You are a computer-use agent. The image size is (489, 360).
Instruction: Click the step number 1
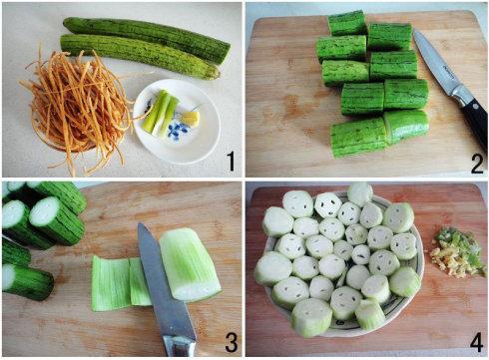click(x=230, y=161)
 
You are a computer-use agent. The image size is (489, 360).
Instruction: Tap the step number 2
click(x=476, y=163)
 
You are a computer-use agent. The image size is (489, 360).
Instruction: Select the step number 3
click(x=232, y=342)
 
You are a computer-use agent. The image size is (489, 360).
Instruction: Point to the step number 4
click(x=476, y=342)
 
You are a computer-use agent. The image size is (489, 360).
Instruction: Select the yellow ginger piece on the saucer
click(x=191, y=118)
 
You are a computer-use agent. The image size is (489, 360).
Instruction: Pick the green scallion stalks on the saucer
click(x=160, y=112)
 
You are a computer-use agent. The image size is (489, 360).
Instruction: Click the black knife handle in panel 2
click(x=476, y=122)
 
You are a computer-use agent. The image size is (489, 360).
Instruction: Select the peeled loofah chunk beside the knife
click(x=190, y=264)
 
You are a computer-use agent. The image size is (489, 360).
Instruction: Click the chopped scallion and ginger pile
click(x=457, y=251)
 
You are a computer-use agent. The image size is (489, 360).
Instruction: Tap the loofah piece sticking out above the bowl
click(x=360, y=193)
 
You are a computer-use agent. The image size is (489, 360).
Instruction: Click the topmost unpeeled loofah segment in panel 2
click(x=346, y=23)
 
